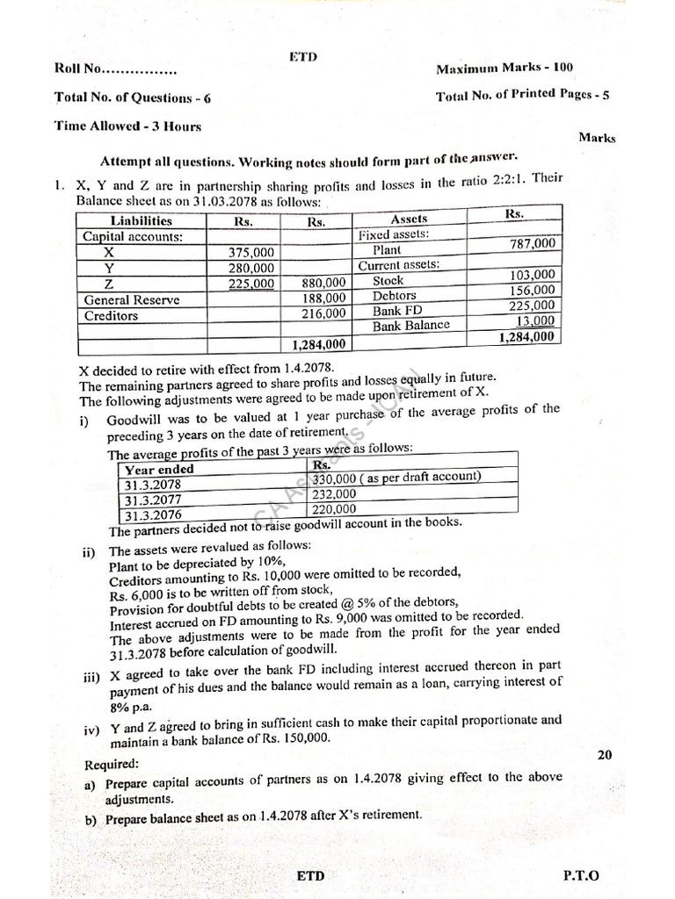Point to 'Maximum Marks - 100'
pyautogui.click(x=505, y=68)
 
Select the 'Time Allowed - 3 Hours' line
pyautogui.click(x=127, y=126)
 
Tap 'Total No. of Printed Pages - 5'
pyautogui.click(x=522, y=96)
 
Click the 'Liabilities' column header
pyautogui.click(x=142, y=221)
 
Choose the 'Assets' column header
pyautogui.click(x=409, y=219)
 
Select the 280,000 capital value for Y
pyautogui.click(x=250, y=268)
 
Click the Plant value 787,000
pyautogui.click(x=533, y=243)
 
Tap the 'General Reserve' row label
pyautogui.click(x=131, y=299)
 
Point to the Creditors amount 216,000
pyautogui.click(x=324, y=313)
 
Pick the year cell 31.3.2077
pyautogui.click(x=153, y=500)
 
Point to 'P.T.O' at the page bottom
pyautogui.click(x=580, y=875)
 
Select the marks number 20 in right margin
pyautogui.click(x=604, y=753)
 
